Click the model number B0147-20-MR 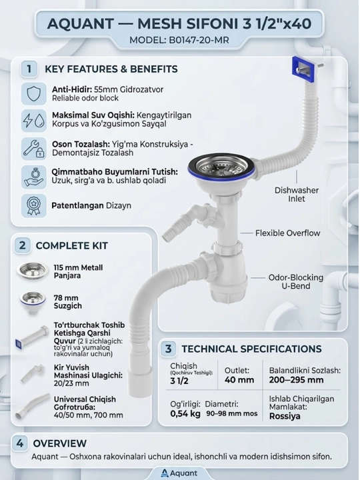pos(199,40)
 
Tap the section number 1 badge pos(29,69)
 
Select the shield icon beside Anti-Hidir pos(34,94)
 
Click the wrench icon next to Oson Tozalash pos(34,149)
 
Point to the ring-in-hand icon pos(34,177)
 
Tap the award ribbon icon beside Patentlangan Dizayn pos(34,206)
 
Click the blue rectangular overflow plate pos(303,70)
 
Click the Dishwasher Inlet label pos(296,195)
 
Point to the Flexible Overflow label pos(288,233)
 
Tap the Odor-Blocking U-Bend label pos(296,281)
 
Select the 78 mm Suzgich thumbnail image pos(33,303)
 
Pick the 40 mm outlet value pos(239,380)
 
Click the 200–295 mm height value pos(296,380)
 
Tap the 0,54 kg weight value pos(185,414)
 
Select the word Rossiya pos(285,416)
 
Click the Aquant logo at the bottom pos(179,473)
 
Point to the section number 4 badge pos(20,443)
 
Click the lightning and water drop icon pos(34,121)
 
